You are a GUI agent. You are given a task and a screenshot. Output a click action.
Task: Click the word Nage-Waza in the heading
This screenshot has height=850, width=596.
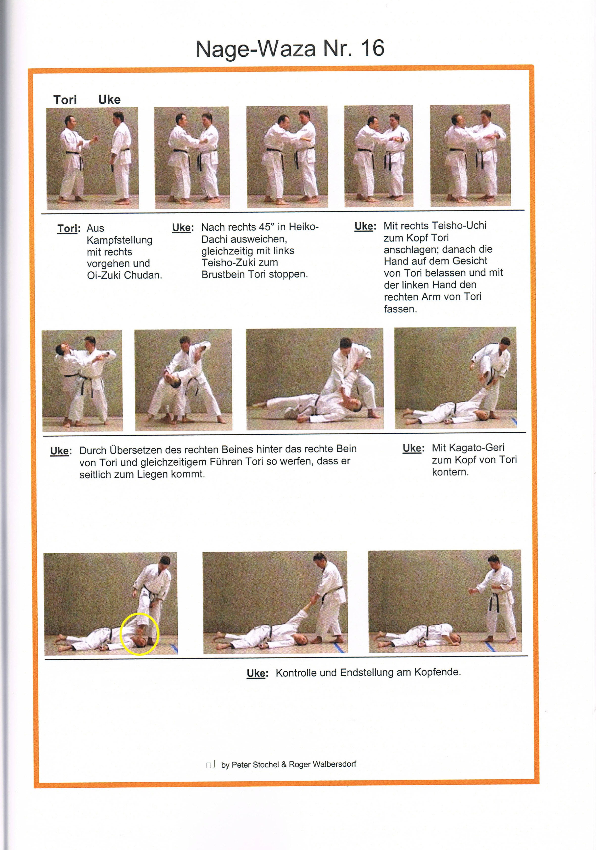click(255, 49)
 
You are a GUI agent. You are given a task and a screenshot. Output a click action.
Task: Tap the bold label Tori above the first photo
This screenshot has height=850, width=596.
click(65, 100)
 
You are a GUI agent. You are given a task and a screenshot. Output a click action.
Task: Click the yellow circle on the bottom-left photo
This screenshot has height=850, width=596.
click(139, 634)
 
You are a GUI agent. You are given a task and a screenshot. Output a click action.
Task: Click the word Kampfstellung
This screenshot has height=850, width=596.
click(119, 240)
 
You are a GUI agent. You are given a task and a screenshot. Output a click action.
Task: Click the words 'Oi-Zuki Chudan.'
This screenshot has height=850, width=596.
click(124, 275)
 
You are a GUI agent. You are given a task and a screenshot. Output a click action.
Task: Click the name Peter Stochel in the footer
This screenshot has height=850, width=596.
click(255, 764)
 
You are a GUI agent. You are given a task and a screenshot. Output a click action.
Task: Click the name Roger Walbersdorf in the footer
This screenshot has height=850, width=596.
click(322, 764)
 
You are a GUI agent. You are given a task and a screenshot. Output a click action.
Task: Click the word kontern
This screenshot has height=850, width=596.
click(450, 472)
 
